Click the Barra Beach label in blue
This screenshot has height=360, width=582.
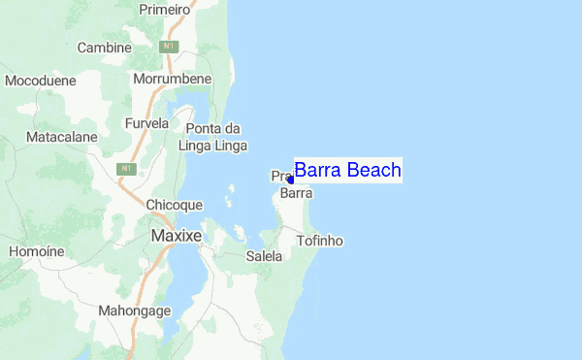pos(347,171)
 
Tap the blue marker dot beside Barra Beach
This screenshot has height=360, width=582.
pos(290,180)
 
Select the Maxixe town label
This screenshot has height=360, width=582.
pos(176,236)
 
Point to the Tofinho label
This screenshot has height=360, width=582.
pos(320,241)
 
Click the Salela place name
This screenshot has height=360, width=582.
pos(264,257)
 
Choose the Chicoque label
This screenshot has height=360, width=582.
pos(174,206)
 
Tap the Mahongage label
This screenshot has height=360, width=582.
pos(135,311)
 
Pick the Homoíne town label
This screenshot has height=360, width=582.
pos(36,251)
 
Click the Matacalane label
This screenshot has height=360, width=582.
pos(62,138)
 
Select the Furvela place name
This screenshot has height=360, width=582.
pos(147,124)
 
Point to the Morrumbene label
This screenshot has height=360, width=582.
pos(173,79)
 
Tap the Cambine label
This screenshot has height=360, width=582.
pos(104,48)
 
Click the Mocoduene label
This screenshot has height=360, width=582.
pos(41,82)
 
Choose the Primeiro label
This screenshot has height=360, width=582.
pos(166,9)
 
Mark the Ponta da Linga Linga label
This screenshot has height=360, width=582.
pos(213,137)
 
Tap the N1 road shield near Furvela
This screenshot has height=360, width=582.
pos(125,169)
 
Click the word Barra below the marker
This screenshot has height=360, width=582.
pos(296,193)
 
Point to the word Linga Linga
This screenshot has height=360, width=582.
pos(213,146)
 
